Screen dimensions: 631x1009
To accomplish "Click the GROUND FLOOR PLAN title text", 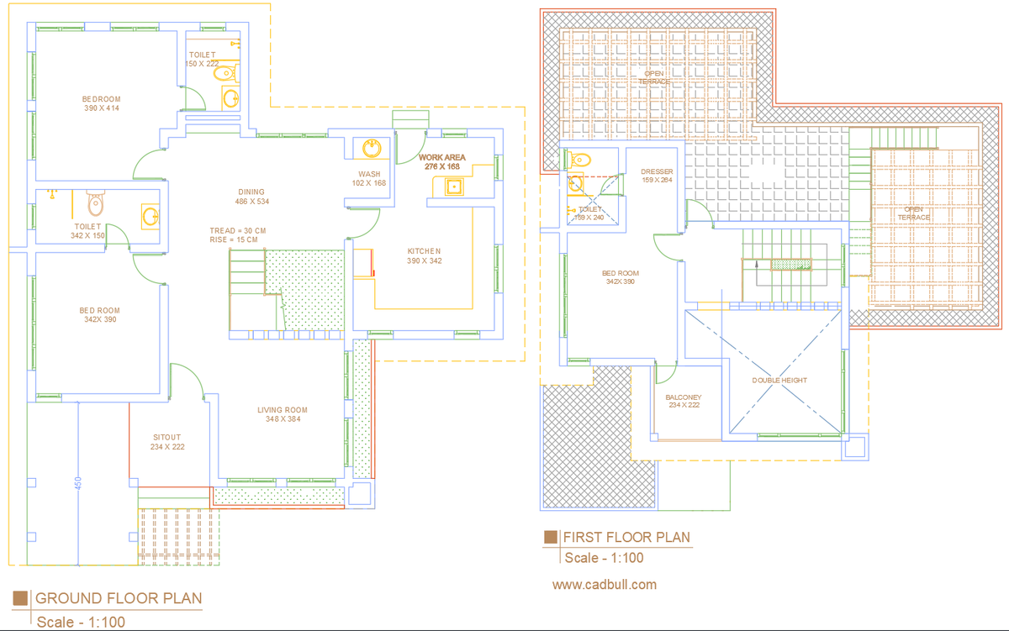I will coord(119,598).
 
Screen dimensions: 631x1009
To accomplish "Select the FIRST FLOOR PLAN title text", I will coord(626,537).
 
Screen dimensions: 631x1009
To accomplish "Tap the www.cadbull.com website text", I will coord(605,585).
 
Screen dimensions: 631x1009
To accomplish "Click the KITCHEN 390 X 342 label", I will coord(424,255).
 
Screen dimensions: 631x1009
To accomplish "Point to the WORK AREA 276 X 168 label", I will coord(442,161).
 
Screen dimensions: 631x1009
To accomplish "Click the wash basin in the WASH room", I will coord(371,149).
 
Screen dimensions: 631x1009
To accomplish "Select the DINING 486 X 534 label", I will coord(251,197).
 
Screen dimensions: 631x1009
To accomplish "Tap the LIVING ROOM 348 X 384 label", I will coord(283,414).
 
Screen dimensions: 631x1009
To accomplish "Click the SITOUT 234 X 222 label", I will coord(167,442).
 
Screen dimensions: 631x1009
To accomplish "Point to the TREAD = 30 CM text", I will coord(238,230).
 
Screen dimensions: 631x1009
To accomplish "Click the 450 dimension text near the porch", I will coord(79,486).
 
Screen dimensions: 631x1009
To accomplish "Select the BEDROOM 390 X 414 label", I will coord(102,103).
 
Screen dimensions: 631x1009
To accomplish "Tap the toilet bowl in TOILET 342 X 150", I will coord(96,202).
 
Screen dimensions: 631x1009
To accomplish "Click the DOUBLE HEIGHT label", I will coord(779,381).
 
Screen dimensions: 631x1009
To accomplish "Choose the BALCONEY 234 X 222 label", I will coord(683,401).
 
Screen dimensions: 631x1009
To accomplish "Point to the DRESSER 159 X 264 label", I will coord(657,176).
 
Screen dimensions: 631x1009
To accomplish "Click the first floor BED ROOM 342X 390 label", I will coord(621,277).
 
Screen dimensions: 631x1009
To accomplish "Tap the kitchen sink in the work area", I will coord(455,187).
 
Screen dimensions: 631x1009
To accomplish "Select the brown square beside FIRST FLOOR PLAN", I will coord(551,537).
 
